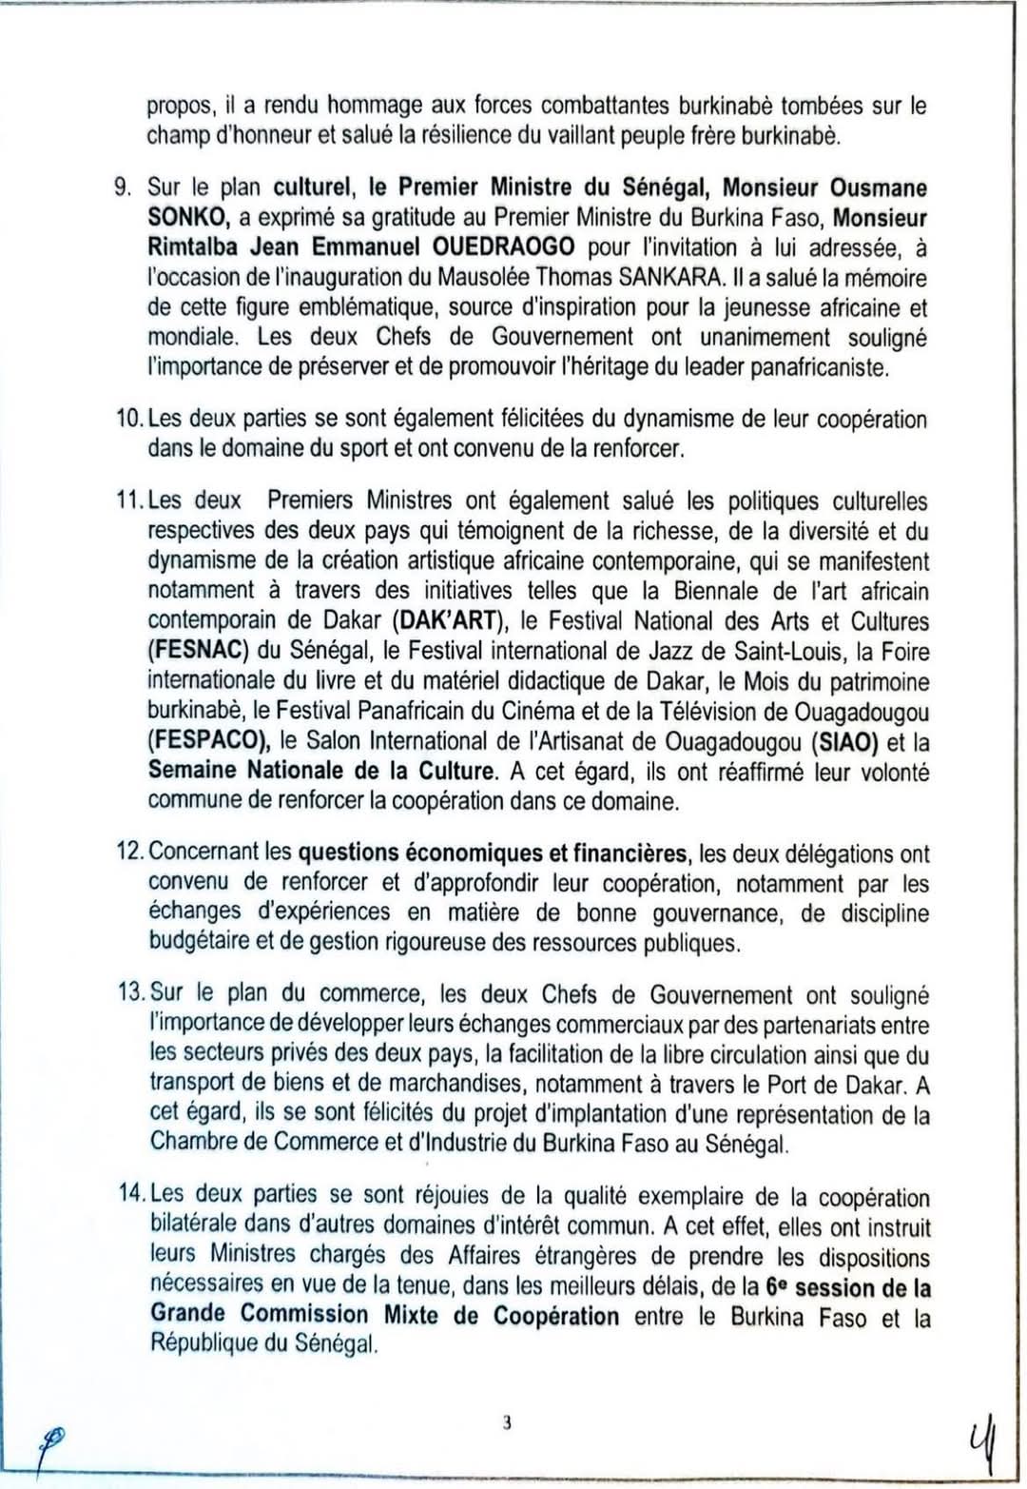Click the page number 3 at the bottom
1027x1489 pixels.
pos(507,1422)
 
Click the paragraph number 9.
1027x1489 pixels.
pos(121,187)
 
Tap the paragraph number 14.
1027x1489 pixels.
pos(130,1196)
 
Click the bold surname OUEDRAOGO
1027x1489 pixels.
pos(503,248)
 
